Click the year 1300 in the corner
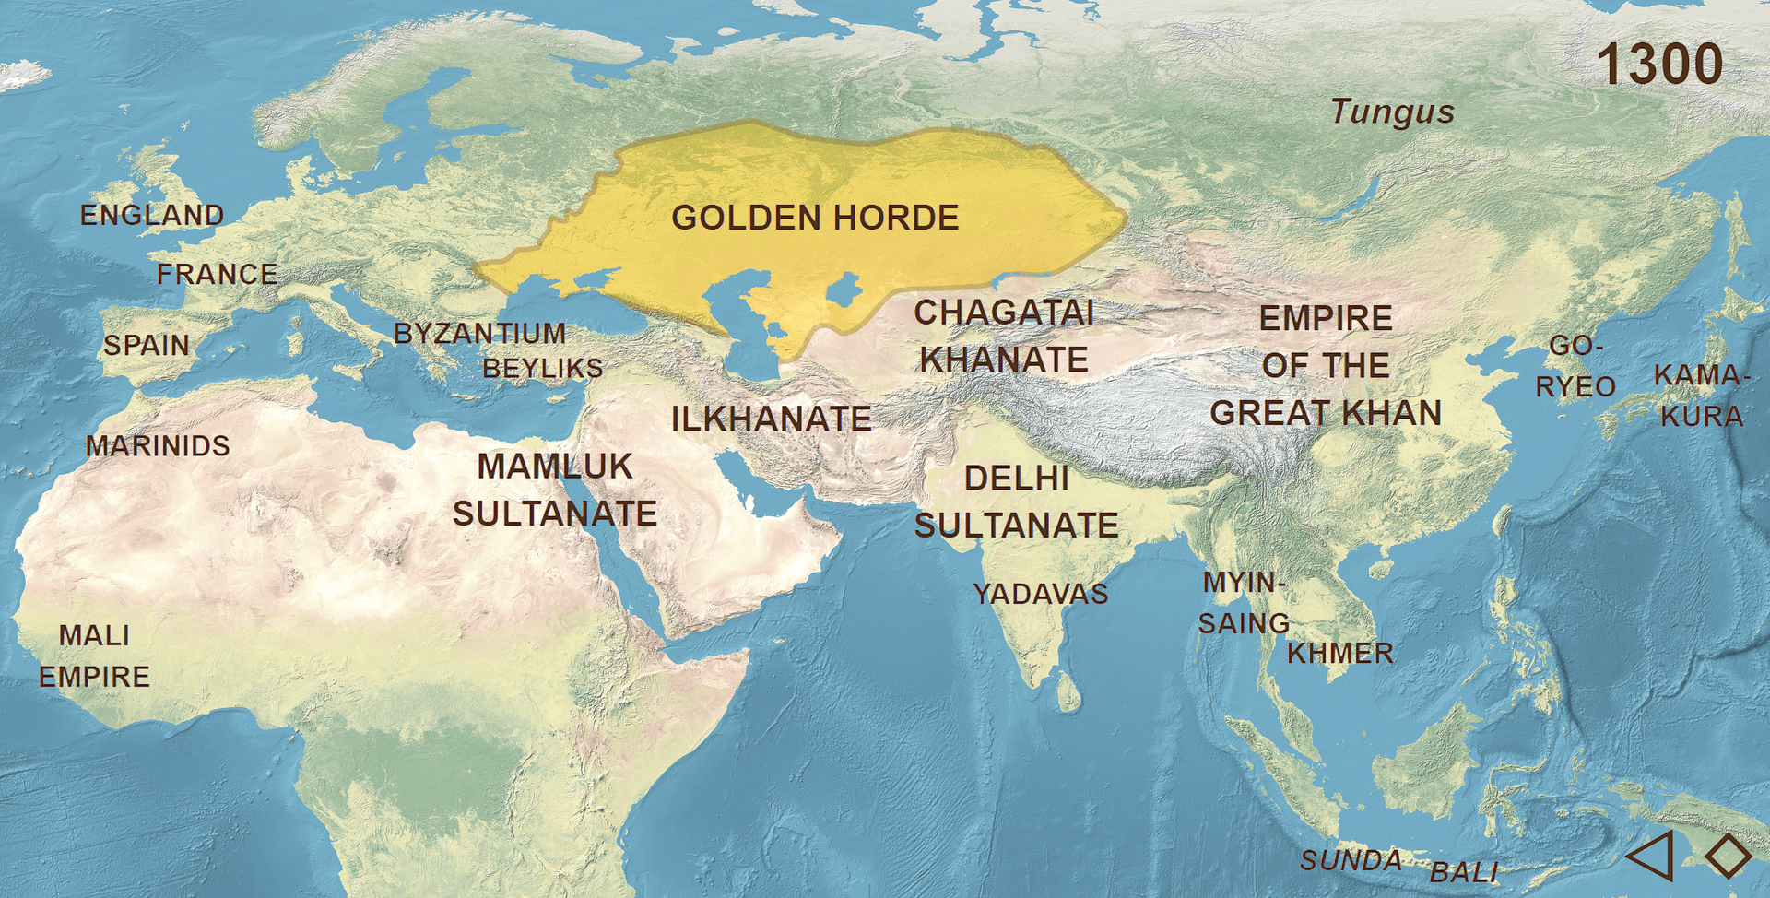pos(1658,65)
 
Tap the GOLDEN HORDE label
pos(815,219)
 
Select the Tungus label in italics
pos(1392,112)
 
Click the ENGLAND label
pos(152,216)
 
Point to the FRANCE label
pos(218,275)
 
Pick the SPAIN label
pos(147,346)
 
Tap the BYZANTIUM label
pos(479,334)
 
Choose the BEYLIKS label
pos(542,369)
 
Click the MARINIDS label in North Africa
pos(158,446)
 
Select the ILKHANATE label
pos(771,419)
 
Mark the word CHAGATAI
pos(1004,313)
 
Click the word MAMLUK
pos(555,467)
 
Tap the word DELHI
pos(1017,479)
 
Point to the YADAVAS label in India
pos(1041,595)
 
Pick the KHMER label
pos(1339,654)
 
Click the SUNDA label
pos(1351,861)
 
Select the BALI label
pos(1464,872)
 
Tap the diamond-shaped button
pos(1728,855)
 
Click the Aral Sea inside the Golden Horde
pos(844,290)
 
